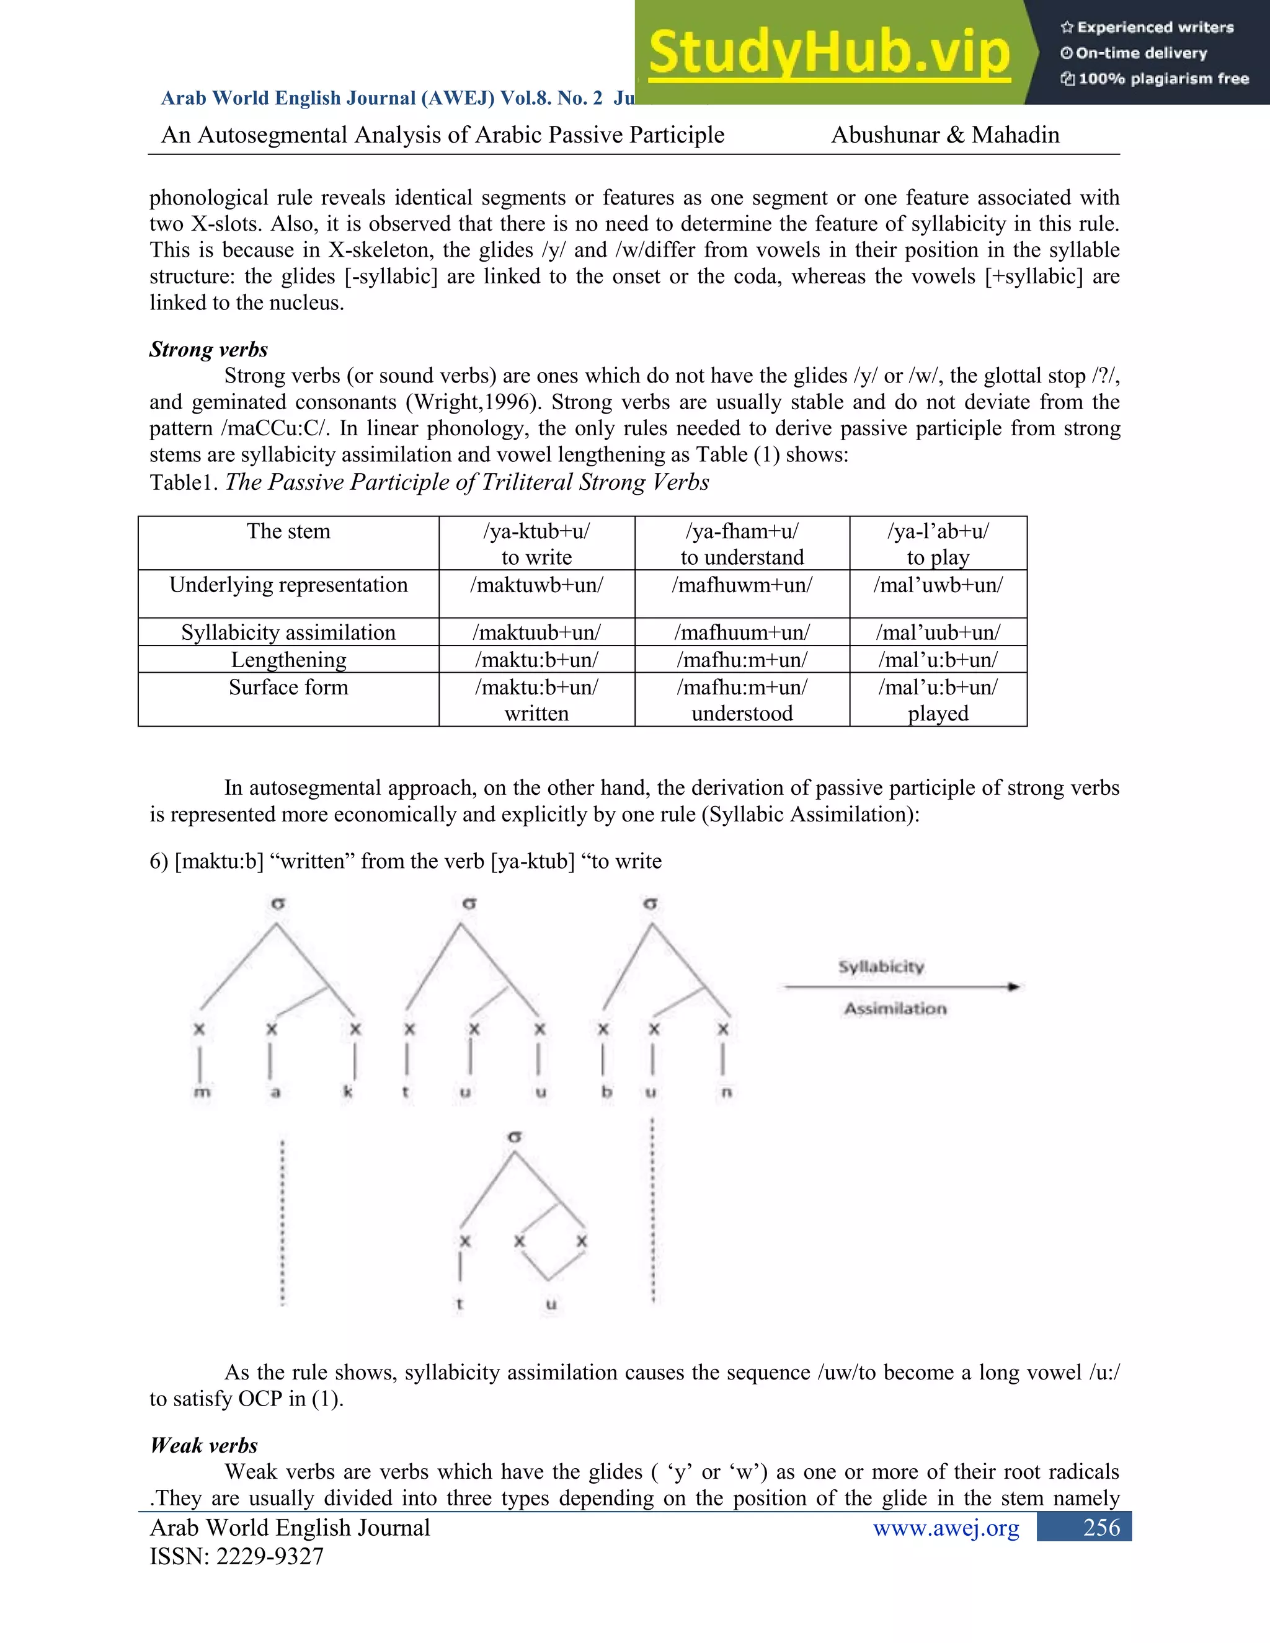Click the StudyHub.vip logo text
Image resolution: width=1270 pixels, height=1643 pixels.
tap(828, 53)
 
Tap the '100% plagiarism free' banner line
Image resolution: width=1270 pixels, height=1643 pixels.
tap(1155, 79)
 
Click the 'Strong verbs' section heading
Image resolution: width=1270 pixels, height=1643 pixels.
tap(208, 349)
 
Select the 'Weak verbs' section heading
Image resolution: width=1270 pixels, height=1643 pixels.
tap(204, 1445)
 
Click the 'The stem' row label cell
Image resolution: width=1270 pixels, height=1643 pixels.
tap(288, 531)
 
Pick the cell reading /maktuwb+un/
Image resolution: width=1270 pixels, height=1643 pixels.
tap(536, 585)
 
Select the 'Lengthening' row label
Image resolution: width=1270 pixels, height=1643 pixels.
tap(288, 660)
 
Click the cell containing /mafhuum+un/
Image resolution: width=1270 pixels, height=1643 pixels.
tap(742, 632)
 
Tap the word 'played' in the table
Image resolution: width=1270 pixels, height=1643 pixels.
tap(938, 713)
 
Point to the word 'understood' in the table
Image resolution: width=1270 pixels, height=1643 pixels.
tap(742, 713)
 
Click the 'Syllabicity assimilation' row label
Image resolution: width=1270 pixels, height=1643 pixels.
tap(288, 632)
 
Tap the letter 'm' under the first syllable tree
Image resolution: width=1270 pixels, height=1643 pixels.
tap(201, 1092)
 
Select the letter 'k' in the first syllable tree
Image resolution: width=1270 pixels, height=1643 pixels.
tap(348, 1092)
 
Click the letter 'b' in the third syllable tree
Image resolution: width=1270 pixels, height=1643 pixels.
tap(606, 1092)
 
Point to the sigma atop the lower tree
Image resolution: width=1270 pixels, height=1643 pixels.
tap(515, 1138)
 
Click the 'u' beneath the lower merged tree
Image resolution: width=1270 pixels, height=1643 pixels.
tap(551, 1304)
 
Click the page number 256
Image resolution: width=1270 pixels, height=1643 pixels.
tap(1101, 1528)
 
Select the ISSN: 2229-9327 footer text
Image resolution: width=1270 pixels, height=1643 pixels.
tap(236, 1556)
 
